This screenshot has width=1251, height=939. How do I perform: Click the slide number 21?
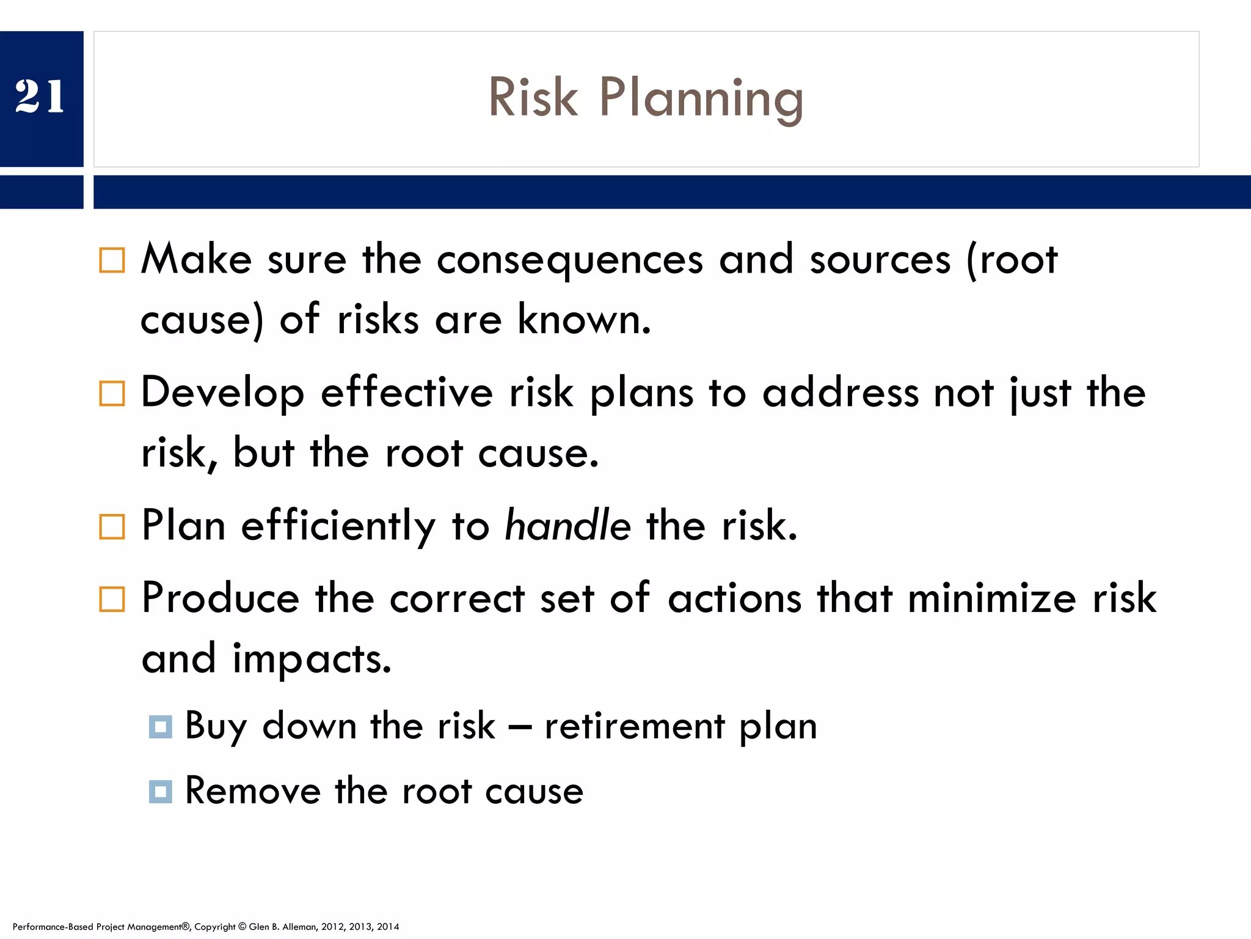coord(40,97)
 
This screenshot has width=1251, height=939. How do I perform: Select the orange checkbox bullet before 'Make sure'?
coord(112,260)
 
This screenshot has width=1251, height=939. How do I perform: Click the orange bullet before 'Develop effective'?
coord(112,394)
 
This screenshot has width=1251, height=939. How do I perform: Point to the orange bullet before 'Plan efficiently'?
coord(112,526)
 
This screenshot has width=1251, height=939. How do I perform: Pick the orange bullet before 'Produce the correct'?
coord(112,599)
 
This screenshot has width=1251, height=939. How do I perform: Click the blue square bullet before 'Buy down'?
coord(160,727)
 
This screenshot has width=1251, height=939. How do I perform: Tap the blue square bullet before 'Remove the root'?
coord(160,792)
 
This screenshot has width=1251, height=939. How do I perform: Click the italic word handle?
coord(567,526)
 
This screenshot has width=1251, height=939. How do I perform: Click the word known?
coord(583,320)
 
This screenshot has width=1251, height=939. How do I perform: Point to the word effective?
coord(406,393)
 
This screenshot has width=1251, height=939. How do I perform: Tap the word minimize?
coord(991,598)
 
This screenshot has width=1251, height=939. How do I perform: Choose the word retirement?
coord(635,726)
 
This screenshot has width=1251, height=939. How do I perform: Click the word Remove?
coord(252,791)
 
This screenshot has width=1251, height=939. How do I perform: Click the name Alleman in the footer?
coord(299,927)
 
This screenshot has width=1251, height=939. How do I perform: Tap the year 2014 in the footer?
coord(388,927)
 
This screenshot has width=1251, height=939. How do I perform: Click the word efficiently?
coord(338,527)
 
